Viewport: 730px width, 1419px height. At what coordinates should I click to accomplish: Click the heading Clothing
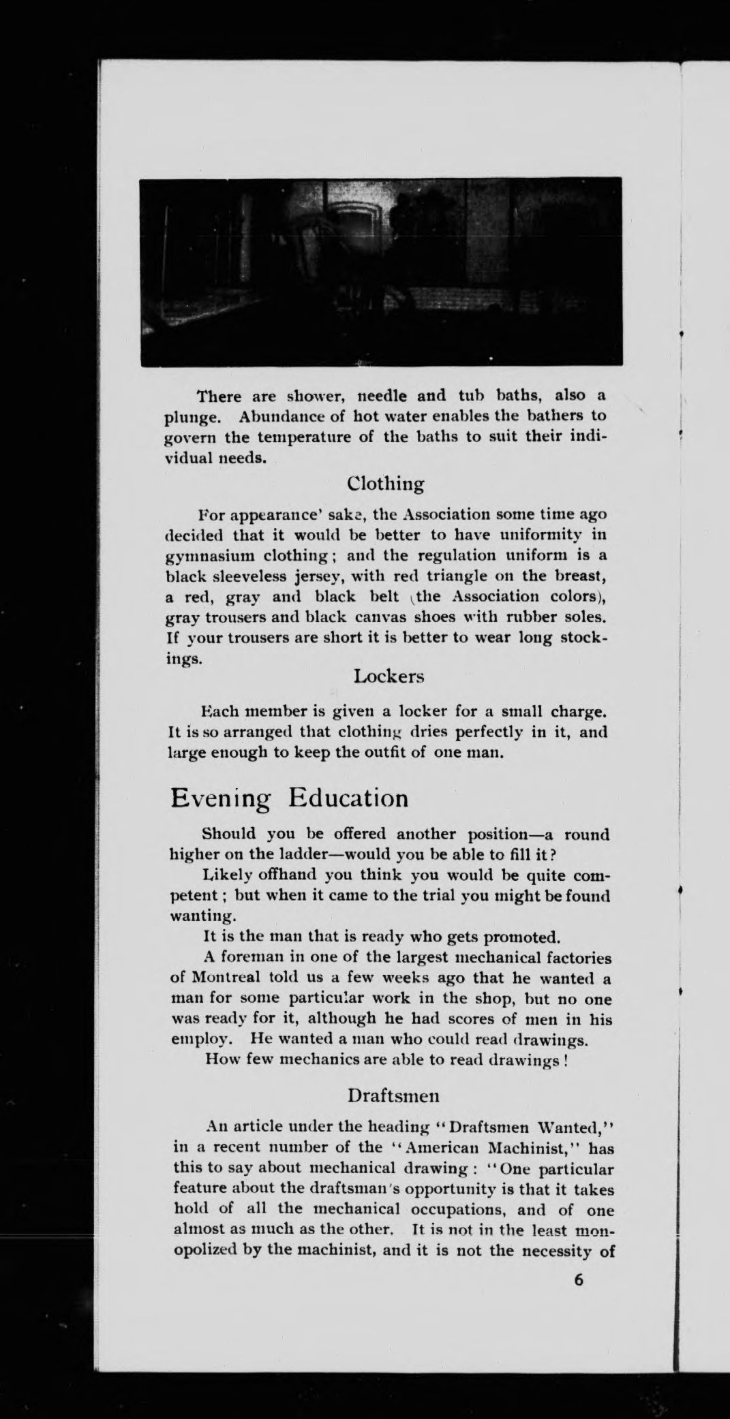[385, 484]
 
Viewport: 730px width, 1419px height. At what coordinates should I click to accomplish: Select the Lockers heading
[389, 676]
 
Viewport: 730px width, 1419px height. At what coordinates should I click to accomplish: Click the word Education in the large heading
[348, 797]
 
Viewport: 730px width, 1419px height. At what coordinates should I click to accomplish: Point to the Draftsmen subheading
[393, 1095]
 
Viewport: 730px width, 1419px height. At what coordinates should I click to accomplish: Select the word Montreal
[224, 978]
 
